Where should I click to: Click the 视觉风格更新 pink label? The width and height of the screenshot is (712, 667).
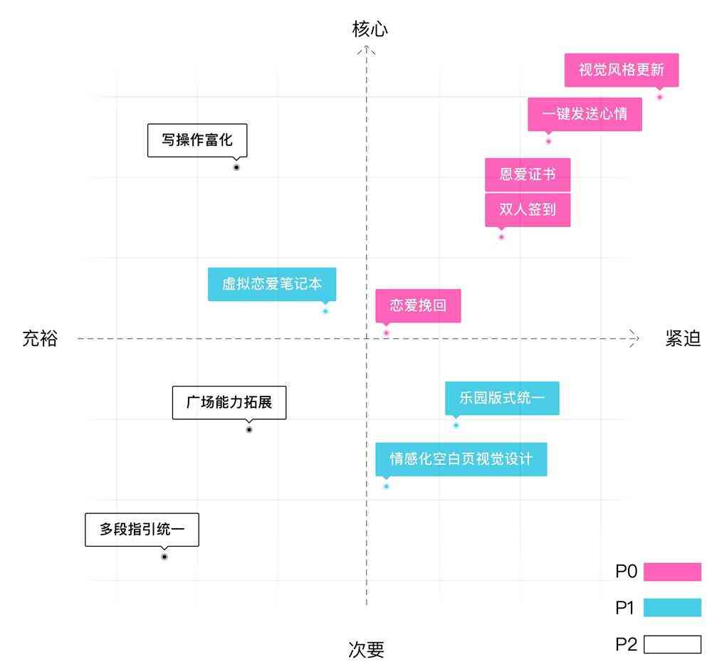tap(621, 70)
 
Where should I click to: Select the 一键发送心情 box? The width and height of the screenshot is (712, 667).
tap(585, 114)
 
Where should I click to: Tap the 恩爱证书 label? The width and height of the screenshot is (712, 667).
tap(528, 174)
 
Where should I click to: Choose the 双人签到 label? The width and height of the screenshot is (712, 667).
tap(528, 210)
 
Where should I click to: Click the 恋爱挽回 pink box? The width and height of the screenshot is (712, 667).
tap(418, 305)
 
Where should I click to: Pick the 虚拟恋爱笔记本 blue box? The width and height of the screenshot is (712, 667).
tap(272, 284)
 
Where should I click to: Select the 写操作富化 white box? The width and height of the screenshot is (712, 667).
tap(197, 140)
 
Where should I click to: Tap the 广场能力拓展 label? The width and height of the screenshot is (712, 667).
tap(229, 402)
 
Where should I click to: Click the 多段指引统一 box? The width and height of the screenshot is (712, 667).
tap(142, 530)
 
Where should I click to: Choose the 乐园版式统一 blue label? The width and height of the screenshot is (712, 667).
tap(502, 398)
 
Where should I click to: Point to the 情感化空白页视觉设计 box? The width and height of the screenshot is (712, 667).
tap(461, 459)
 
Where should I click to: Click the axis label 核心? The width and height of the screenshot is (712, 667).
tap(370, 28)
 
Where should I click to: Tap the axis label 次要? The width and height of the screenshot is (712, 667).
tap(367, 649)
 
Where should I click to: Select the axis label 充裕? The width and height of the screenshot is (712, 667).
tap(40, 339)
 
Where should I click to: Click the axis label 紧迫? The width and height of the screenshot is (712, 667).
tap(683, 339)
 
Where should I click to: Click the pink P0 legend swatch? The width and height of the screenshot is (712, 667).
tap(672, 572)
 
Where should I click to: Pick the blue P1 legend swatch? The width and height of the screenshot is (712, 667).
tap(672, 608)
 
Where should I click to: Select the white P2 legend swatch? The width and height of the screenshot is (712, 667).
tap(672, 645)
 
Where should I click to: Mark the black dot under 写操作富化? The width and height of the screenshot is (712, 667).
tap(236, 167)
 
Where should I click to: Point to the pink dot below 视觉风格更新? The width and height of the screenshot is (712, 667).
tap(659, 97)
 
